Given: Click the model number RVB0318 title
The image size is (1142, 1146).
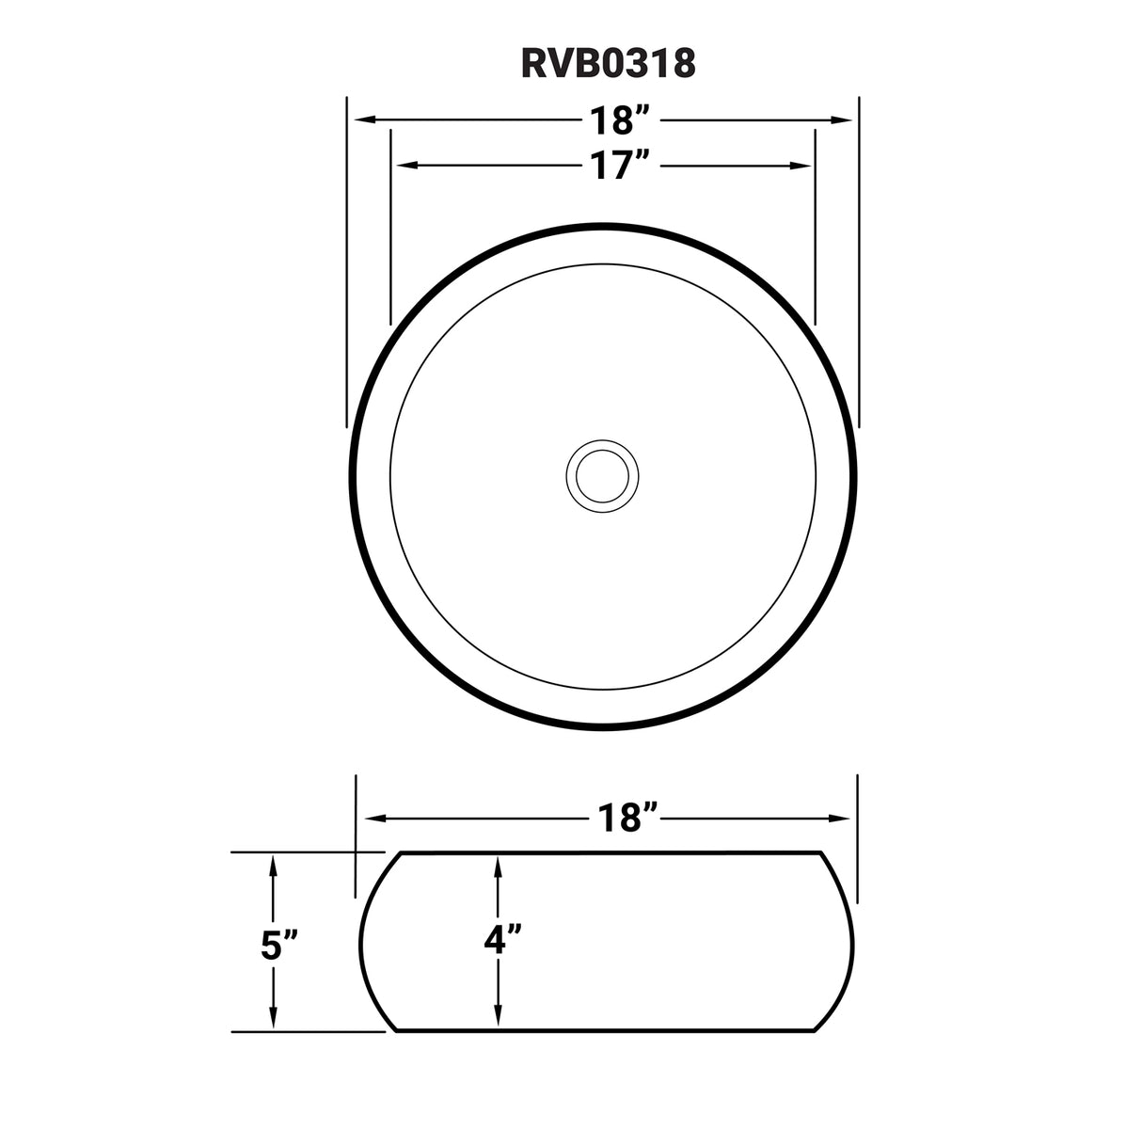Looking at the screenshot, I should coord(609,63).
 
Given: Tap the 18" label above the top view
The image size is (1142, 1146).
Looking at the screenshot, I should coord(621,120).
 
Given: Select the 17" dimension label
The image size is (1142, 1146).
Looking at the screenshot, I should coord(621,166).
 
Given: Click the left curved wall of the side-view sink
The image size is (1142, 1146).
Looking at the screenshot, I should coord(365,941).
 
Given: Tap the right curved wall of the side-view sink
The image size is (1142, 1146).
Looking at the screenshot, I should coord(855,941).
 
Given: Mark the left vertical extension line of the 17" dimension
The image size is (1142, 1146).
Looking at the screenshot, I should coord(390,226).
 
